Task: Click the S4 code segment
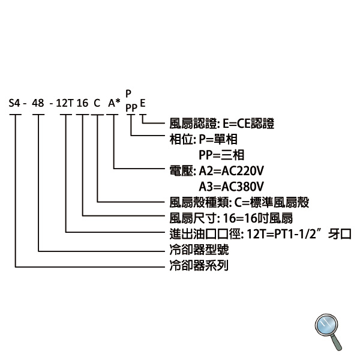14,103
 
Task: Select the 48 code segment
38,103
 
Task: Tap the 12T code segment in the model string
65,103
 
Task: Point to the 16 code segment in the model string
82,103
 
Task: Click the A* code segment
114,103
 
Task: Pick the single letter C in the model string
97,103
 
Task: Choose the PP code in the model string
131,108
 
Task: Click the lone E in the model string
143,103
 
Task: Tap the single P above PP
128,94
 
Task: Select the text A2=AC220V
231,171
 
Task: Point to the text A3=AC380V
231,187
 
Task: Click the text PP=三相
221,155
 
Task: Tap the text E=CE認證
248,124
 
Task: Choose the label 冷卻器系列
199,265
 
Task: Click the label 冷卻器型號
199,250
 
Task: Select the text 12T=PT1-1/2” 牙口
299,234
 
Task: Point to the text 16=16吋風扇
258,218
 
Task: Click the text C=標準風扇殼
272,203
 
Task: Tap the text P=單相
218,139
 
